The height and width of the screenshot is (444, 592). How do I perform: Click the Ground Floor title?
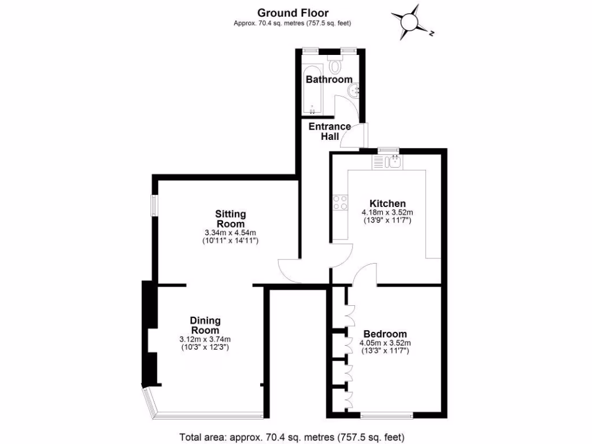pyautogui.click(x=293, y=13)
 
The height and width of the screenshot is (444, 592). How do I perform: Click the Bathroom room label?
pyautogui.click(x=329, y=79)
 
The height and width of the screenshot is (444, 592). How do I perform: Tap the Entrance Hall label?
pyautogui.click(x=329, y=131)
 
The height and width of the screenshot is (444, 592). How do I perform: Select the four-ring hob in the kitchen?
pyautogui.click(x=341, y=202)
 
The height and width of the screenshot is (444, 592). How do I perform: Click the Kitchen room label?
pyautogui.click(x=387, y=203)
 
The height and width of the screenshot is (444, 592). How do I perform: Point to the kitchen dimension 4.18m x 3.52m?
pyautogui.click(x=387, y=212)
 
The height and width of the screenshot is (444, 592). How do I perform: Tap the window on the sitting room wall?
pyautogui.click(x=154, y=205)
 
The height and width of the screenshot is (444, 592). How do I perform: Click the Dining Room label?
pyautogui.click(x=205, y=325)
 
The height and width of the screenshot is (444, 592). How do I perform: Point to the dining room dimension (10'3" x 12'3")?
pyautogui.click(x=205, y=347)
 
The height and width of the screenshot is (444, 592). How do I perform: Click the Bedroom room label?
pyautogui.click(x=384, y=334)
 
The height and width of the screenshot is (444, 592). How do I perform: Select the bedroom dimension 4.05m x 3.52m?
pyautogui.click(x=385, y=343)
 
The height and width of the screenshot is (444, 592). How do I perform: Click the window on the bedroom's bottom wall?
pyautogui.click(x=386, y=415)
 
